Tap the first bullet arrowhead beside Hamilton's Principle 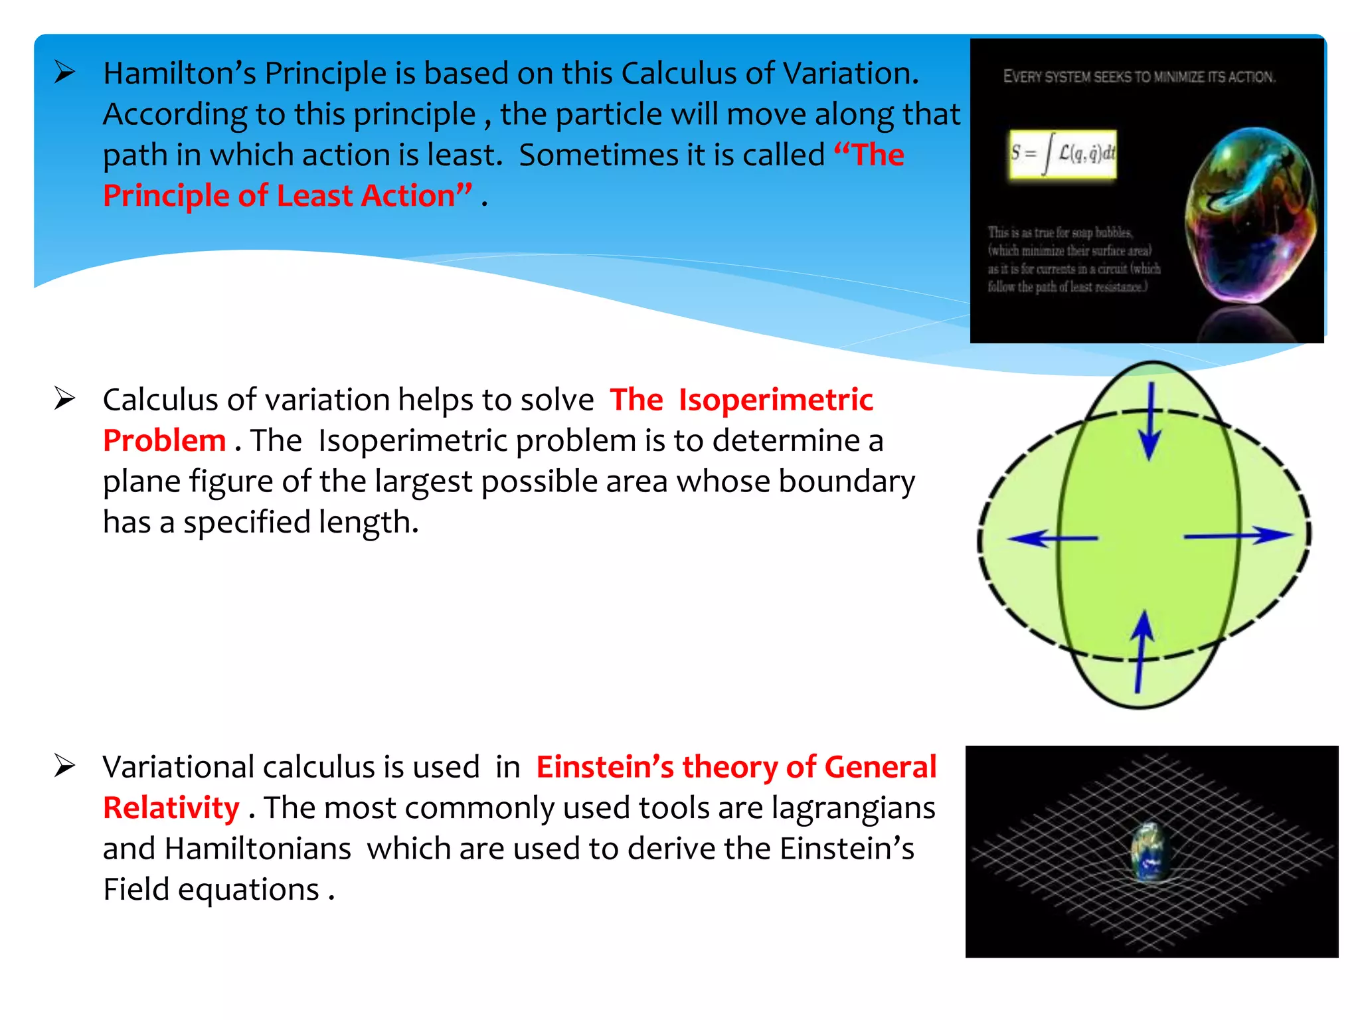coord(65,72)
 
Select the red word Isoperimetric coord(775,400)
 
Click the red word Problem coord(164,441)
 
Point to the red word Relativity coord(171,808)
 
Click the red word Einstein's coord(604,767)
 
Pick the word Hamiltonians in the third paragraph coord(258,849)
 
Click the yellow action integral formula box coord(1062,155)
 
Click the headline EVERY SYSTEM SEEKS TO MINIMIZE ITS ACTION coord(1138,77)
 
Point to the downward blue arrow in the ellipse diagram coord(1150,422)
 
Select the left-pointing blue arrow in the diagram coord(1052,538)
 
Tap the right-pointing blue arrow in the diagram coord(1238,535)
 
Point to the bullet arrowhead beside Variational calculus coord(65,766)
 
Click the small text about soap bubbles coord(1072,260)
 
